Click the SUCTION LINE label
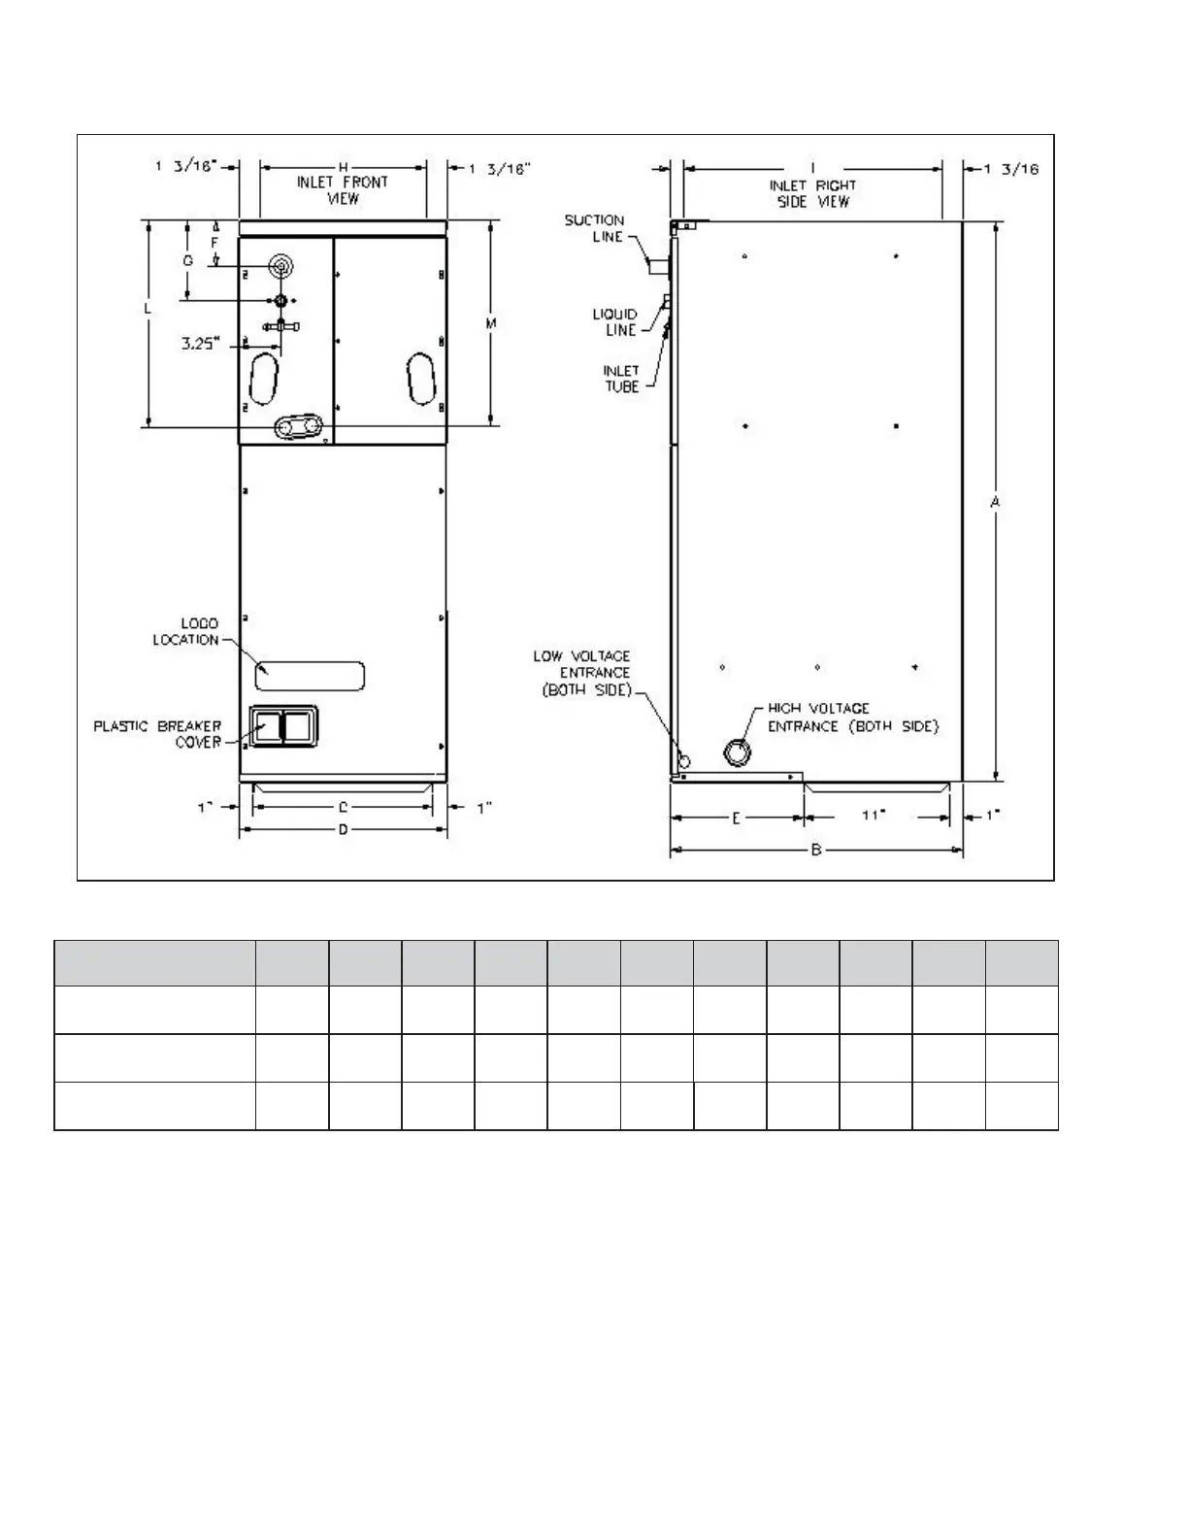point(594,228)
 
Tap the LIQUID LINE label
point(615,322)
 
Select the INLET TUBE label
point(621,379)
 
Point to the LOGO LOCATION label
point(186,631)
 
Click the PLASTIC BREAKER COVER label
point(158,734)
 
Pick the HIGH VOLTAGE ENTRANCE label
point(853,717)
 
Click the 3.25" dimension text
point(201,344)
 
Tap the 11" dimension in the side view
point(874,816)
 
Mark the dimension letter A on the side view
point(995,502)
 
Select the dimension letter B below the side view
point(816,850)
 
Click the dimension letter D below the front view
point(344,829)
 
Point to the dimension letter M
point(491,323)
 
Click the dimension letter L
point(148,309)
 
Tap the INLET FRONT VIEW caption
point(343,190)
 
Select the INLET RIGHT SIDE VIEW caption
point(813,194)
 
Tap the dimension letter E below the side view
point(736,819)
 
